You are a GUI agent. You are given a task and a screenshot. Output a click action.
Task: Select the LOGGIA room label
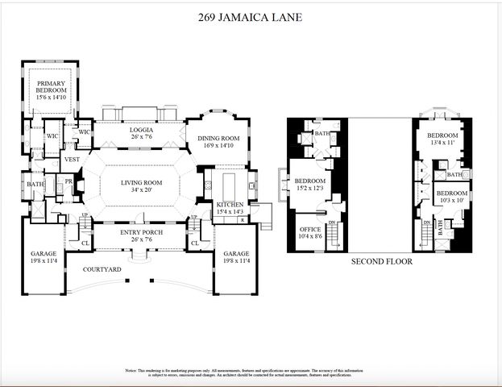pos(142,130)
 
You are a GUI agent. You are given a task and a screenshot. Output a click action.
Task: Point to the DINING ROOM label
pos(214,138)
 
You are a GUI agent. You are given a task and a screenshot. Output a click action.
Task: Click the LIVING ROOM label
pos(142,183)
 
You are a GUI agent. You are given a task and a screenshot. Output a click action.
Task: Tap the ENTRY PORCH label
pos(142,232)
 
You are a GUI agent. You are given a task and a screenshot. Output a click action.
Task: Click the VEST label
pos(73,160)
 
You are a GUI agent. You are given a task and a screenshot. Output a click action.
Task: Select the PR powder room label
pos(69,182)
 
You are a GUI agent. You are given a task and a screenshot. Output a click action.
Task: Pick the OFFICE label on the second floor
pos(309,228)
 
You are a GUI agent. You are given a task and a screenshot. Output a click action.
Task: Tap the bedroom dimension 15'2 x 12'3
pos(309,189)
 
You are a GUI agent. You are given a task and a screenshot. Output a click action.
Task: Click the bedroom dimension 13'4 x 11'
pos(442,143)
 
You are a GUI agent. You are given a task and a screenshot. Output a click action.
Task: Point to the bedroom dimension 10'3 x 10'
pos(451,201)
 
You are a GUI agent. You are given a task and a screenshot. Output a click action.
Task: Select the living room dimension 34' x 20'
pos(142,191)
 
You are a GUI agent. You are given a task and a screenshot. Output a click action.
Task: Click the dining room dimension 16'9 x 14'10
pos(214,146)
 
